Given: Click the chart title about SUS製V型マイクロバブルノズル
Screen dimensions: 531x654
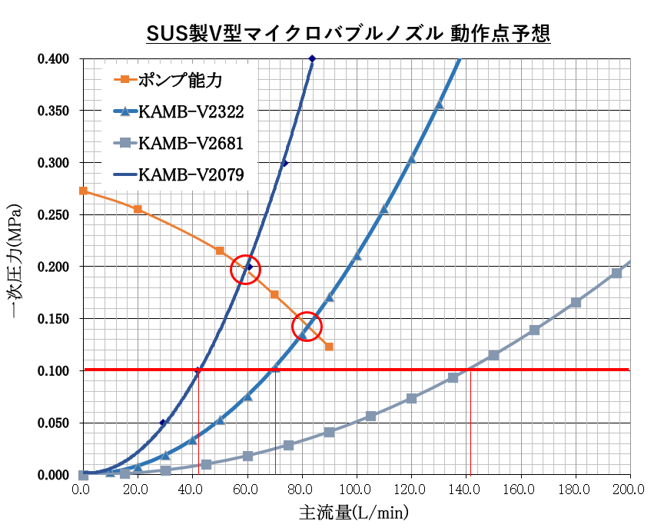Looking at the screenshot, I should coord(347,34).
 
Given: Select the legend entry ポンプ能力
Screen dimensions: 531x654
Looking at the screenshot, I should coord(181,79).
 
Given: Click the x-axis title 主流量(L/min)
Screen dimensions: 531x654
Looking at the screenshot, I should coord(354,512).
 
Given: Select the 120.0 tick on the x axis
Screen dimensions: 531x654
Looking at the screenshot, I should coord(411,490).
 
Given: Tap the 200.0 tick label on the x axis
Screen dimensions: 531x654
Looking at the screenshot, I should coord(630,490).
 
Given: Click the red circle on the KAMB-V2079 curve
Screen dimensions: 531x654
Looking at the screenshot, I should coord(246,269).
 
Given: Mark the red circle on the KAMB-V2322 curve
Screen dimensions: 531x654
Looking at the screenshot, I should coord(307,327).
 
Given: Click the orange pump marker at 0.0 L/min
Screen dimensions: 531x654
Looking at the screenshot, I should coord(83,191).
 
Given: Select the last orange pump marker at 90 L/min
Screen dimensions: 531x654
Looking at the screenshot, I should coord(329,347).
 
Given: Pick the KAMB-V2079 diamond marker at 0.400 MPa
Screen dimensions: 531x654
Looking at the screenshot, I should coord(311,59).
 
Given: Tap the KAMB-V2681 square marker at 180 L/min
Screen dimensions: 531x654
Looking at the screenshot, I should coord(576,302).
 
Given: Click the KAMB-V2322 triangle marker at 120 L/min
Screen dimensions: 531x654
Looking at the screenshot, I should coord(411,159).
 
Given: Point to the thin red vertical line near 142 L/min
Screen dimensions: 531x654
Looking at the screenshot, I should coord(470,423).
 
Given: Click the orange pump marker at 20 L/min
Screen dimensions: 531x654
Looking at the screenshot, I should coord(138,209).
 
